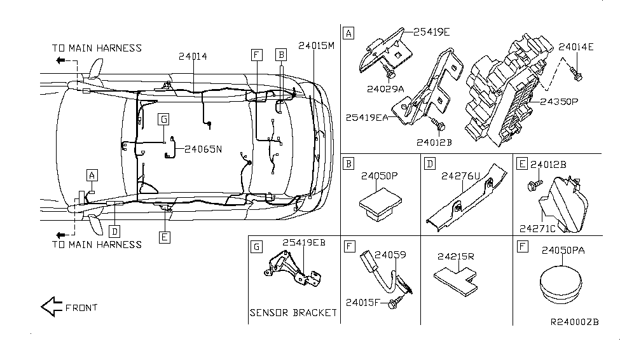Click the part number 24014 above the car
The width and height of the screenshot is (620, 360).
193,57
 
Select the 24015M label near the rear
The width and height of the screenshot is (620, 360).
316,45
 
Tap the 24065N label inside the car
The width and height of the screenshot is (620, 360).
203,149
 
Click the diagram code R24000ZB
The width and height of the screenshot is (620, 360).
574,321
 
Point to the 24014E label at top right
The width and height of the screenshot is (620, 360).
576,47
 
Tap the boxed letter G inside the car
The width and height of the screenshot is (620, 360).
163,119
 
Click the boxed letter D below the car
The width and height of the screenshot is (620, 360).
114,230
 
